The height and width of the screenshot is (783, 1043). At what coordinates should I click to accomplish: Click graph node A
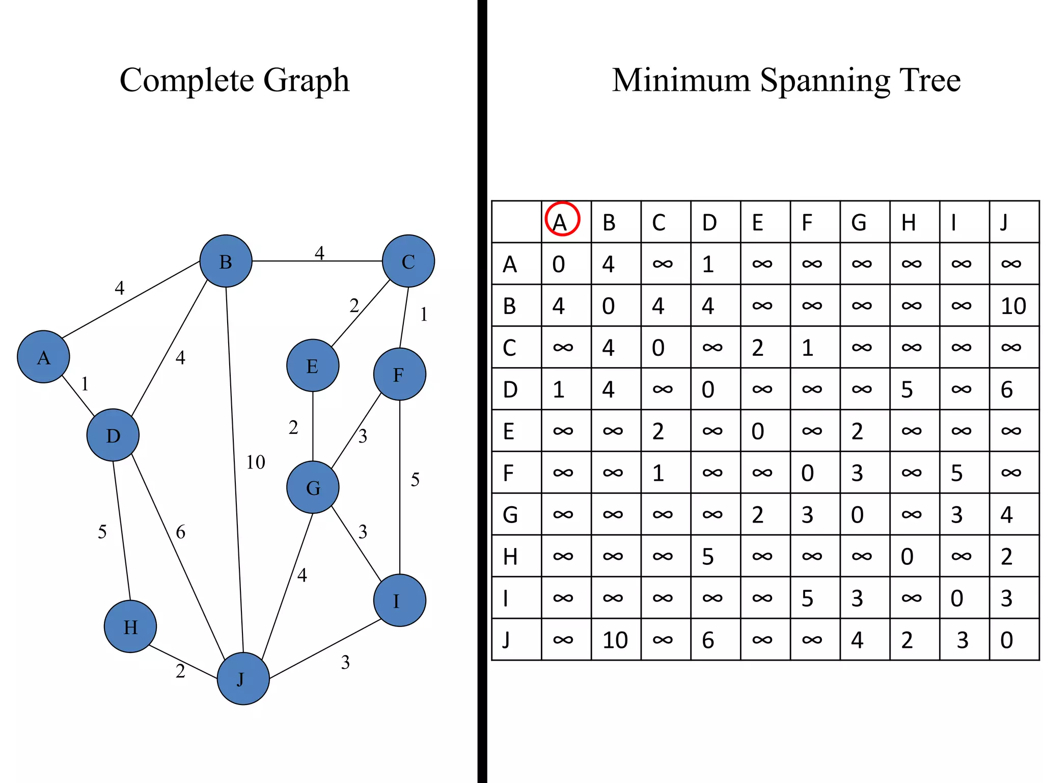(43, 357)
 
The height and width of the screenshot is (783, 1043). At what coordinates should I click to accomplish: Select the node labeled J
(243, 678)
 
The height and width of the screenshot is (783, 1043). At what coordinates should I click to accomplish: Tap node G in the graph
(313, 487)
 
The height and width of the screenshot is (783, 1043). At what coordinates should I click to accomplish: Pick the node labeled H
(130, 627)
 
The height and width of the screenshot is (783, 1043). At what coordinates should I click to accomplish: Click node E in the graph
(313, 366)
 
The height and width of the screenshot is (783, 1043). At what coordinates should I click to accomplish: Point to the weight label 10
(256, 462)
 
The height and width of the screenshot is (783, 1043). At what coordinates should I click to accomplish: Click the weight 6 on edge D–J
(181, 532)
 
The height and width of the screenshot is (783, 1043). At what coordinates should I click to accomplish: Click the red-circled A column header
(562, 220)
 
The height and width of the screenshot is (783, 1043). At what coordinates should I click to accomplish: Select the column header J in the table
(1014, 222)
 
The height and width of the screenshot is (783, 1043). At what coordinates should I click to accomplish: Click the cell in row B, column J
(1014, 306)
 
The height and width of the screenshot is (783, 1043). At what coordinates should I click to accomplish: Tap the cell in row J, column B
(616, 640)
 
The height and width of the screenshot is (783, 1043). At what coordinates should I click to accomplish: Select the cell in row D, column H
(914, 389)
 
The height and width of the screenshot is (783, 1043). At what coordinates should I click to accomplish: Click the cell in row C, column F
(815, 348)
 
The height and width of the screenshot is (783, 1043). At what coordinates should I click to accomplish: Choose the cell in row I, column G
(864, 598)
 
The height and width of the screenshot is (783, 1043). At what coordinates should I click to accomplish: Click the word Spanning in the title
(825, 81)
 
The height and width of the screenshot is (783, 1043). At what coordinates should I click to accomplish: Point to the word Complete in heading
(186, 81)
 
